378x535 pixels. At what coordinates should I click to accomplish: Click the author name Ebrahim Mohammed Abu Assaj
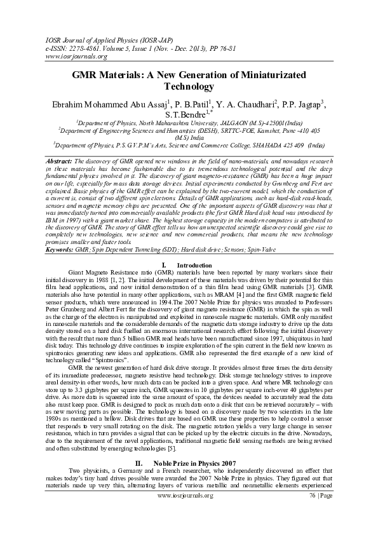(105, 102)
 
